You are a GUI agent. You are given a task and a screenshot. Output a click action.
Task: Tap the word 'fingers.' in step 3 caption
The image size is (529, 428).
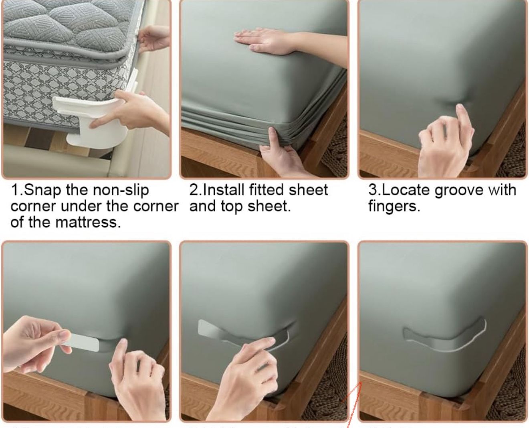pos(394,206)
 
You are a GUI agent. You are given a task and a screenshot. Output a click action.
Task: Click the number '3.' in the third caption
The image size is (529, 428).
pos(374,190)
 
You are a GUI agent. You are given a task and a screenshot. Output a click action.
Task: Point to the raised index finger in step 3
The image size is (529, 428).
pos(463,116)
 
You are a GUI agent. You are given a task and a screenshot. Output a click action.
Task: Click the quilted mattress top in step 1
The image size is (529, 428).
pos(68,24)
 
